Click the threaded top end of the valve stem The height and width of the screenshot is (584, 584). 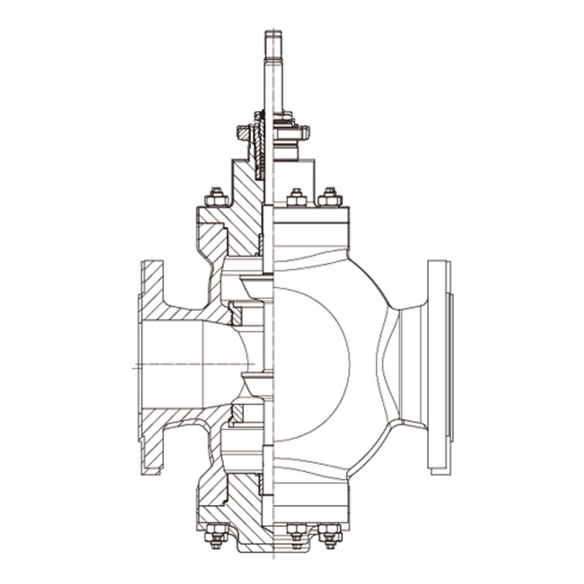272,44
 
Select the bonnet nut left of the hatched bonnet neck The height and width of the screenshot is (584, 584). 215,197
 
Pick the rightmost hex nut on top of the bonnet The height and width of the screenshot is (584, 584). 329,197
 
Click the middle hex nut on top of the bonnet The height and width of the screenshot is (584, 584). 296,197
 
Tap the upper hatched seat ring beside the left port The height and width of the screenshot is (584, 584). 235,314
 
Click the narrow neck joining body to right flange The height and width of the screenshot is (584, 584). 409,365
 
